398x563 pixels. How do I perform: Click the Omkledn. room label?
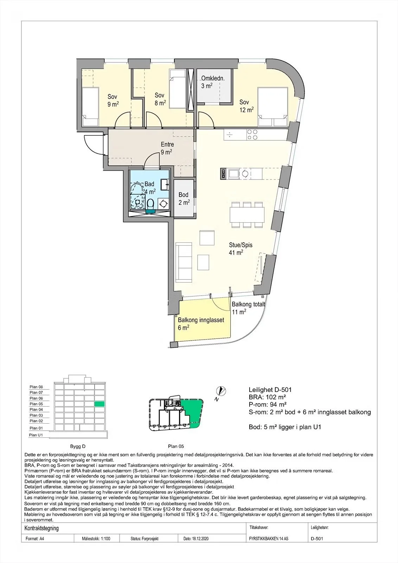click(213, 78)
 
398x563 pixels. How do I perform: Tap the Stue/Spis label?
click(240, 245)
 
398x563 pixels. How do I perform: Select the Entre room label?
click(167, 144)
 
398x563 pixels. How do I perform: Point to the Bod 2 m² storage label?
click(184, 198)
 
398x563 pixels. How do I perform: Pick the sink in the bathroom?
click(165, 185)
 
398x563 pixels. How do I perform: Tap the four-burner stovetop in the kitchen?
click(252, 134)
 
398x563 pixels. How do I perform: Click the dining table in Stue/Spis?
click(247, 215)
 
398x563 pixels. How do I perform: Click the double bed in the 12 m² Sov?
click(273, 107)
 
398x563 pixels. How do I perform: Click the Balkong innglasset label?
click(201, 320)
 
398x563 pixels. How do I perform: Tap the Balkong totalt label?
click(248, 304)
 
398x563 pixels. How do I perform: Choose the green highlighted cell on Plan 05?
click(99, 404)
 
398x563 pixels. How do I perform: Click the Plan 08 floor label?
click(36, 387)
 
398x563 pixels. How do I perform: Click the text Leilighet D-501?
click(270, 390)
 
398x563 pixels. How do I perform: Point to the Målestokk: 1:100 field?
click(96, 539)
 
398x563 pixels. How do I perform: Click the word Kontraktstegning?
click(41, 528)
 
